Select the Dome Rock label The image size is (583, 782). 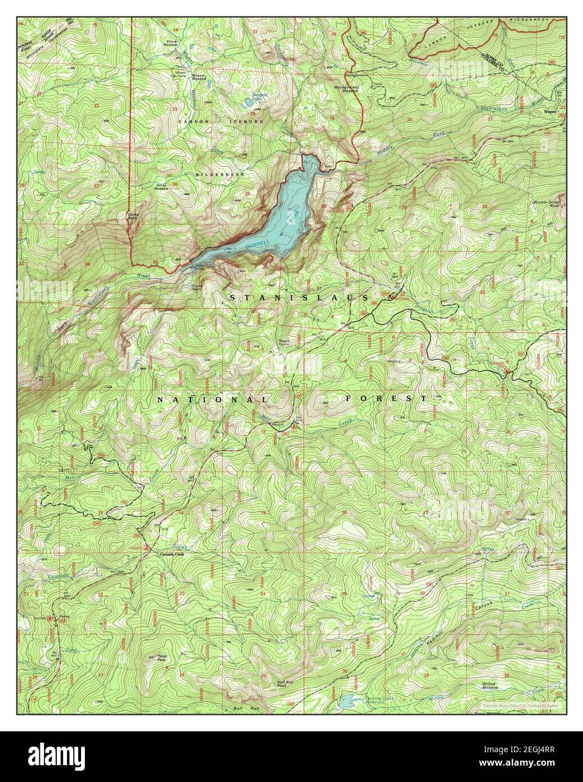pyautogui.click(x=133, y=216)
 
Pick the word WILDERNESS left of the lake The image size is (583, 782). pyautogui.click(x=220, y=175)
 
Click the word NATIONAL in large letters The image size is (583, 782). pyautogui.click(x=213, y=399)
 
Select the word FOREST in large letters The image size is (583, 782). pyautogui.click(x=386, y=398)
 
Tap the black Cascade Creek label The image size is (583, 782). pyautogui.click(x=171, y=554)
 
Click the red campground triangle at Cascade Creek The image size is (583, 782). pyautogui.click(x=148, y=547)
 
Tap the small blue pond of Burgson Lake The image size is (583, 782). pyautogui.click(x=247, y=104)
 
